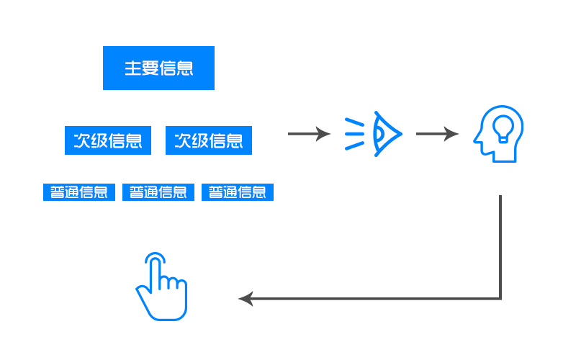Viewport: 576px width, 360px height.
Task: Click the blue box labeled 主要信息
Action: tap(158, 68)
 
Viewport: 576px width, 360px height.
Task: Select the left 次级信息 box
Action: tap(108, 140)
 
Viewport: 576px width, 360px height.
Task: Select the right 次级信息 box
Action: tap(209, 140)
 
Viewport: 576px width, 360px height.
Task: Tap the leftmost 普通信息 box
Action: tap(79, 192)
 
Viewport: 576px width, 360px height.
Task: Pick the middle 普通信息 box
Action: tap(158, 192)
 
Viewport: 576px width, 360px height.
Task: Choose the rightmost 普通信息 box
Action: tap(238, 192)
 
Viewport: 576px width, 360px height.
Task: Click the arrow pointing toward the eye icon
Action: tap(309, 134)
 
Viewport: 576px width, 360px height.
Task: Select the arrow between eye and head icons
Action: tap(437, 134)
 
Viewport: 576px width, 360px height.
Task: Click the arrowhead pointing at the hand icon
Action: tap(246, 299)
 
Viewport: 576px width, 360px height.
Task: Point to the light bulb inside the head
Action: tap(503, 129)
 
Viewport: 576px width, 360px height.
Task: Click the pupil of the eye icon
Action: tap(379, 134)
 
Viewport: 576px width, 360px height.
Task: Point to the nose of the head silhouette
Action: tap(477, 140)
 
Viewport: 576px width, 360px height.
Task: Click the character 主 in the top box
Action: tap(132, 68)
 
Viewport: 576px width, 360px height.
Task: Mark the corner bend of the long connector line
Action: tap(500, 299)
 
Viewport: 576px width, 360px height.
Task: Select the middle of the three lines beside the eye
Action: tap(354, 134)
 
